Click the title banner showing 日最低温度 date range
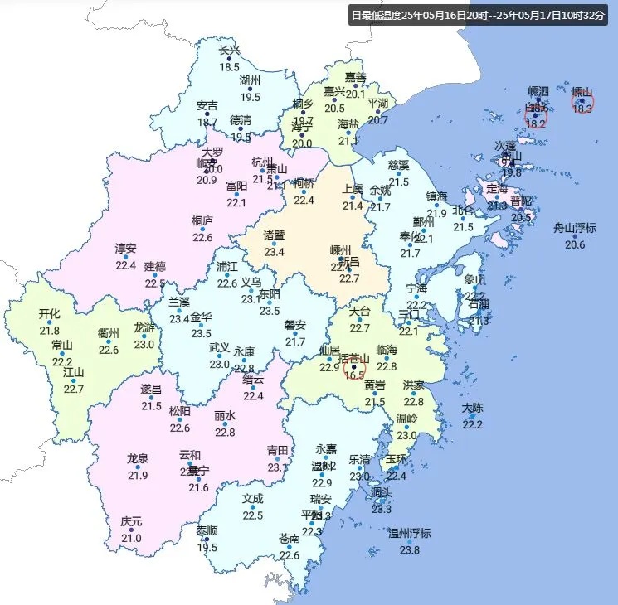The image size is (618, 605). (480, 15)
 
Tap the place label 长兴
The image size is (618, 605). (229, 50)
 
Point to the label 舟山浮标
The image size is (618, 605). (575, 228)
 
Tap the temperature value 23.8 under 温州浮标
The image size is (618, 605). (410, 550)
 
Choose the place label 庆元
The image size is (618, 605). (131, 521)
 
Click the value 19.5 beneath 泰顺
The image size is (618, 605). (207, 548)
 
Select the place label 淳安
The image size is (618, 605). (126, 248)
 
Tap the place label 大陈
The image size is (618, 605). (472, 408)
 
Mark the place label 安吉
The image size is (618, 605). (207, 105)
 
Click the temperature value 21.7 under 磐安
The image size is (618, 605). (295, 341)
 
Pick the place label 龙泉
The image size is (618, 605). (138, 458)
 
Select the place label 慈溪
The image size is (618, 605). (399, 165)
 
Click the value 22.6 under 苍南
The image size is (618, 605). (290, 555)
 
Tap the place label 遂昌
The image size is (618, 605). (151, 389)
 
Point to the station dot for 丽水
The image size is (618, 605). (225, 424)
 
